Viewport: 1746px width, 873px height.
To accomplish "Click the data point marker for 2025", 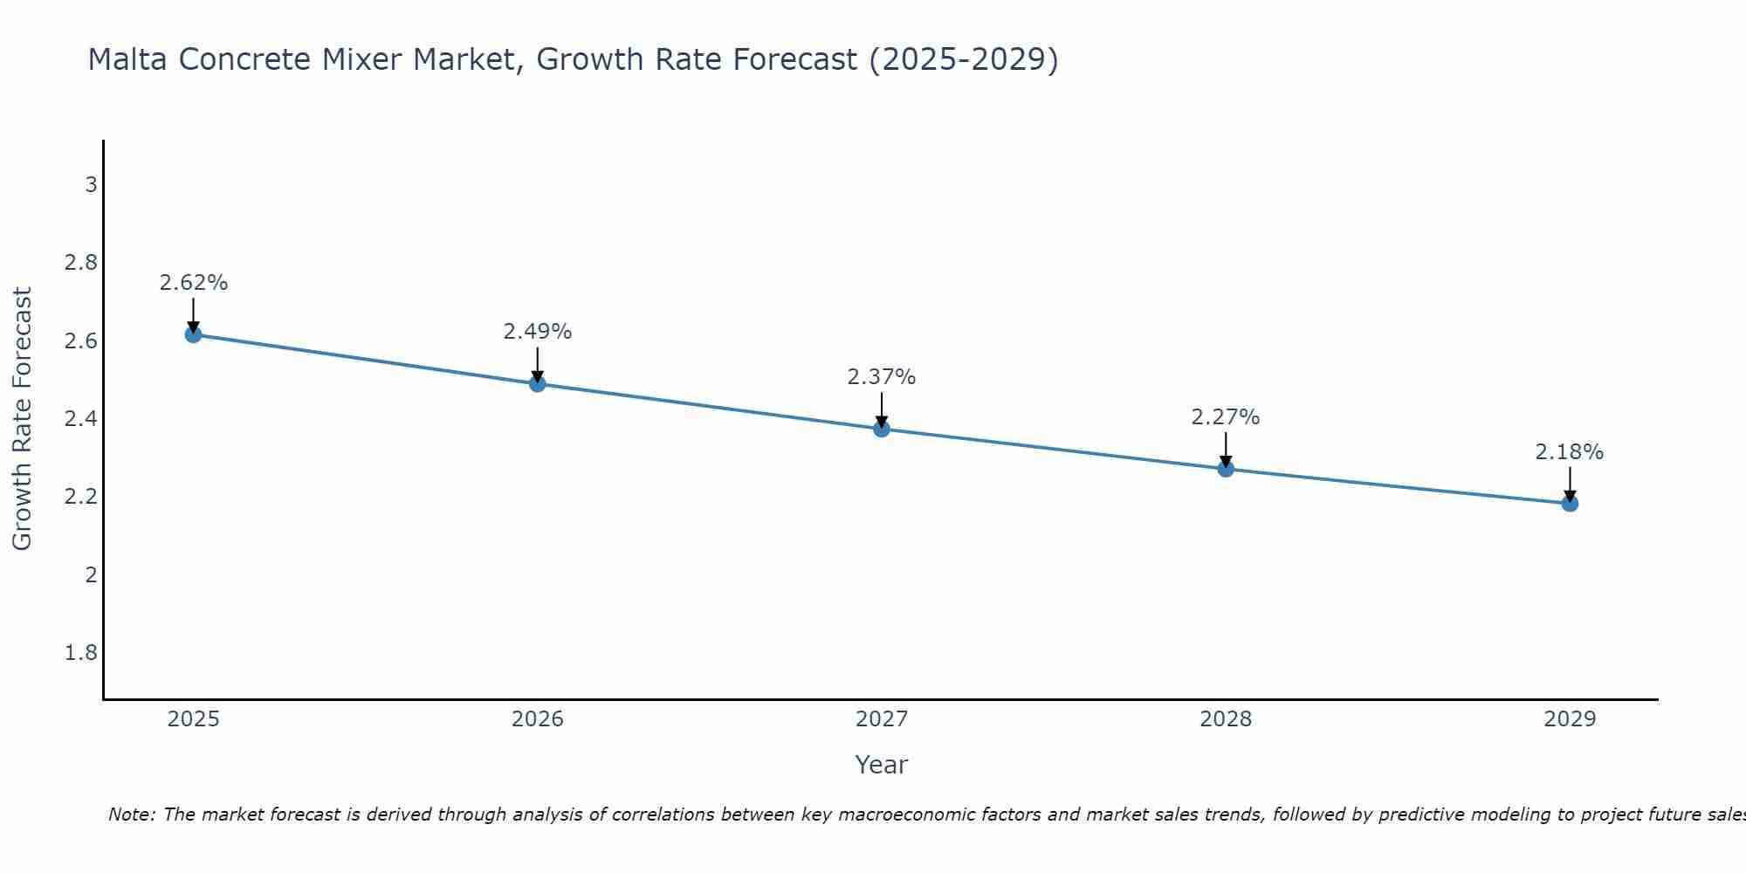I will [x=193, y=334].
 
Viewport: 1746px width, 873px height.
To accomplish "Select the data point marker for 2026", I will [x=538, y=383].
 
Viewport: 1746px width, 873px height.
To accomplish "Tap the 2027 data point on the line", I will [x=882, y=429].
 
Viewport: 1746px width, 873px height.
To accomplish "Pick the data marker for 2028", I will [x=1226, y=469].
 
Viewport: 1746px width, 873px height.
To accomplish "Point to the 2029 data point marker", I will [x=1570, y=503].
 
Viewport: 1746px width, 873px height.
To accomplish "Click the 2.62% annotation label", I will [x=193, y=283].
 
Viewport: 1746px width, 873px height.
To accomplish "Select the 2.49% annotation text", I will [x=538, y=332].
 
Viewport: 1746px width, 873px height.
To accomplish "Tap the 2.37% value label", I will [x=882, y=377].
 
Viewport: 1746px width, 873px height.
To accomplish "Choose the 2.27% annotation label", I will [x=1226, y=417].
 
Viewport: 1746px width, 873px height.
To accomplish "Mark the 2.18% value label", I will [x=1570, y=452].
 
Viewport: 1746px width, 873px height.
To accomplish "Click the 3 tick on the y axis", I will [x=91, y=185].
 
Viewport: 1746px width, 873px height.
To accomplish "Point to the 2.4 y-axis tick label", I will [x=81, y=419].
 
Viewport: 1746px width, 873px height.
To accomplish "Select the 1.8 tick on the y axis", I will [x=81, y=653].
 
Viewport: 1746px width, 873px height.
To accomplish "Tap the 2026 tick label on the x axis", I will [x=538, y=719].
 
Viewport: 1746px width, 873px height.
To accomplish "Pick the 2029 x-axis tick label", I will [x=1570, y=719].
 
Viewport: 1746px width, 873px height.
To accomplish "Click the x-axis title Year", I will [x=882, y=765].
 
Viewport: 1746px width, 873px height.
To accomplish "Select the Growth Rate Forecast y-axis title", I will [x=22, y=419].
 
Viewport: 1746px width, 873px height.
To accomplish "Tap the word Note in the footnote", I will [x=131, y=815].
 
